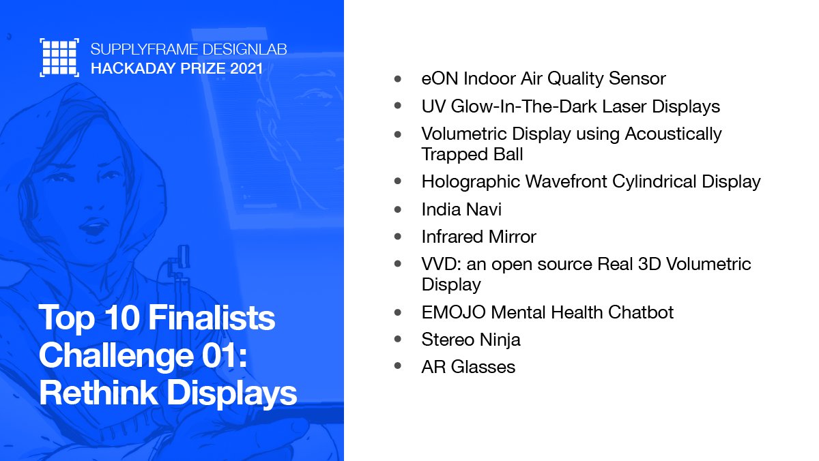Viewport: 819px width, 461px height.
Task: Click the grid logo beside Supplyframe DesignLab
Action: click(59, 57)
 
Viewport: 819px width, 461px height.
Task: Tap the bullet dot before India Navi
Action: click(398, 209)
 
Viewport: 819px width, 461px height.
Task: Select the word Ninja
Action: click(499, 340)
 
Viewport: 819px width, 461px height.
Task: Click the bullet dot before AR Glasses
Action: click(398, 367)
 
